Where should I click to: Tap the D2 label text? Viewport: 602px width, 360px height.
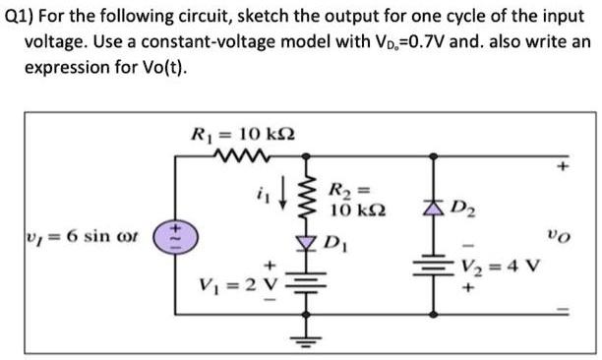click(463, 204)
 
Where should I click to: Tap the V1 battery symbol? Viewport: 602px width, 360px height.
click(305, 287)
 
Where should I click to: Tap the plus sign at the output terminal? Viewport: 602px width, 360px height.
click(564, 167)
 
